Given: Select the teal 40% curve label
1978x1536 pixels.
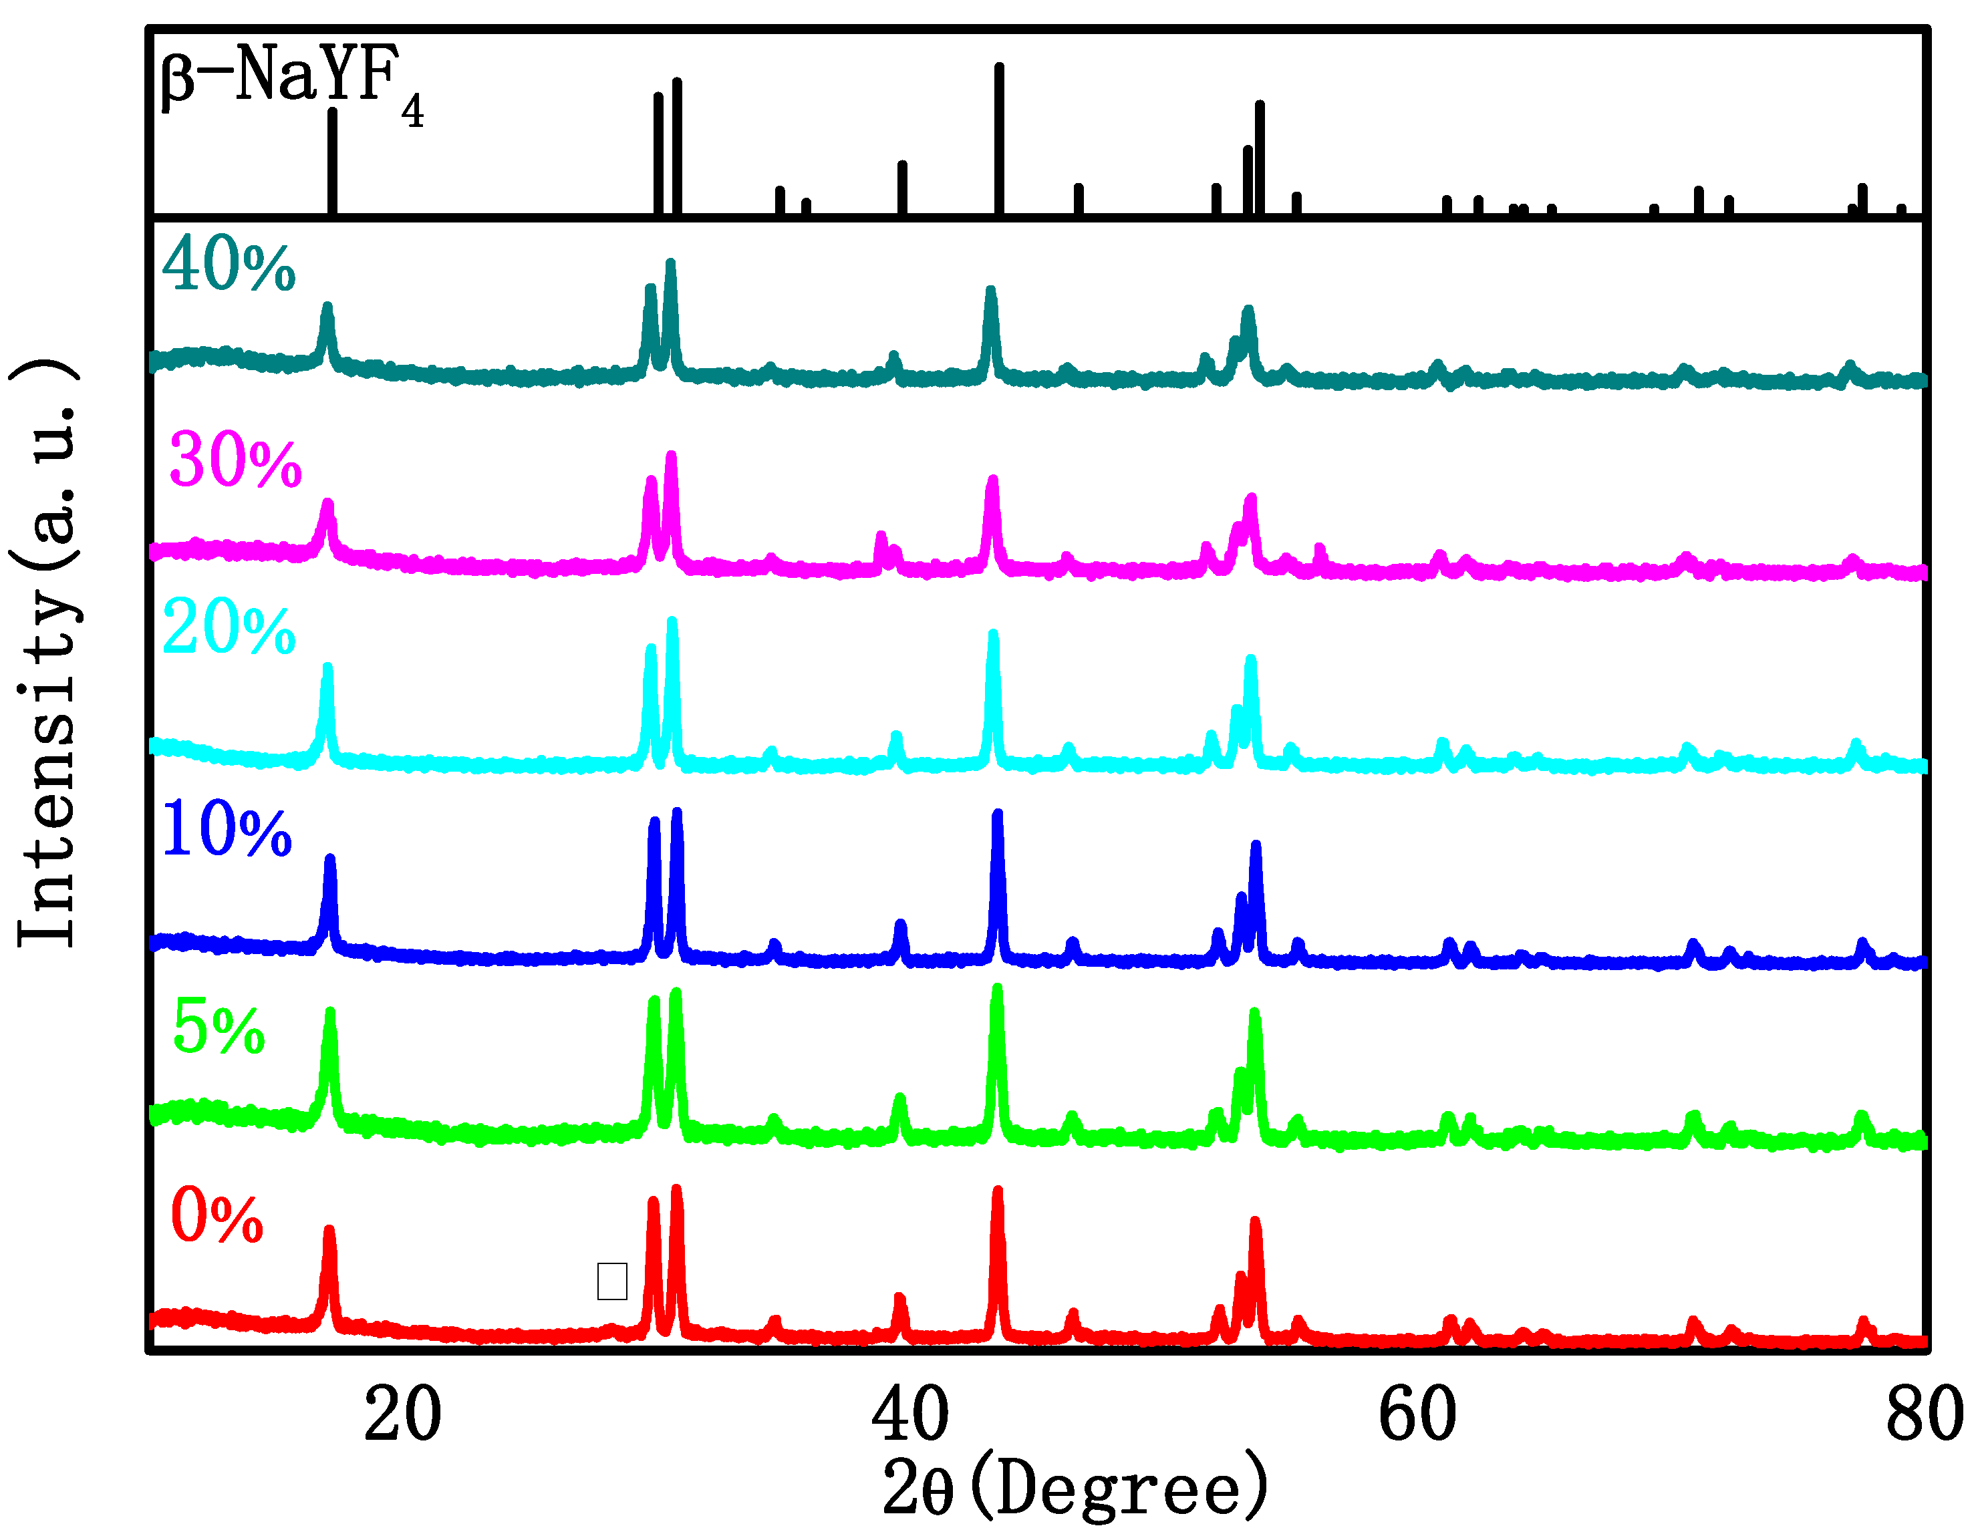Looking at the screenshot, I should click(x=229, y=265).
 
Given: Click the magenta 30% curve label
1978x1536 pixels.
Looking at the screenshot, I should click(x=235, y=461).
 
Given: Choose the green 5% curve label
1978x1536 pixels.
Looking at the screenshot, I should click(x=219, y=1028).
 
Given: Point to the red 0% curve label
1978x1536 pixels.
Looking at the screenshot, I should click(x=217, y=1216).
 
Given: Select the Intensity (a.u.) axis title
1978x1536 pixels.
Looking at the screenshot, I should click(x=47, y=652).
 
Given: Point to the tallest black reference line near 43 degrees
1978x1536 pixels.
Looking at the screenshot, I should click(x=999, y=136).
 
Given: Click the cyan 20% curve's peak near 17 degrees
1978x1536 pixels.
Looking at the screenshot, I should click(x=328, y=671).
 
